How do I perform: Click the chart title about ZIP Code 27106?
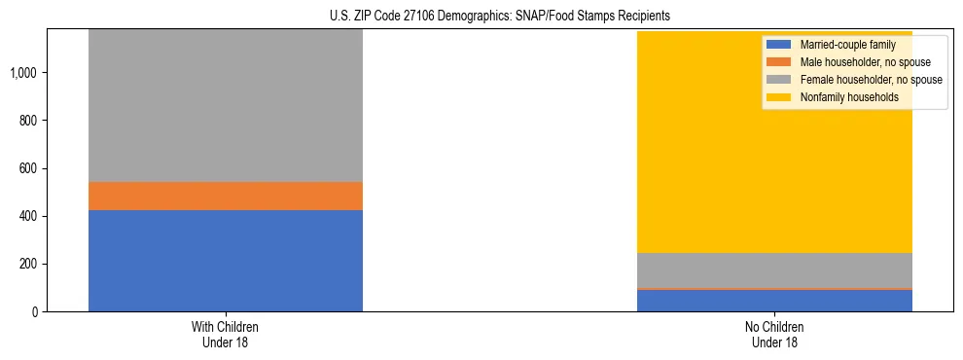click(481, 17)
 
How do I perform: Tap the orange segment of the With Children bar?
click(226, 196)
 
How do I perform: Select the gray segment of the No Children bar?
click(774, 270)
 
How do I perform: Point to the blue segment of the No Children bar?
click(774, 301)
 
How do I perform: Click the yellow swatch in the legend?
click(779, 97)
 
